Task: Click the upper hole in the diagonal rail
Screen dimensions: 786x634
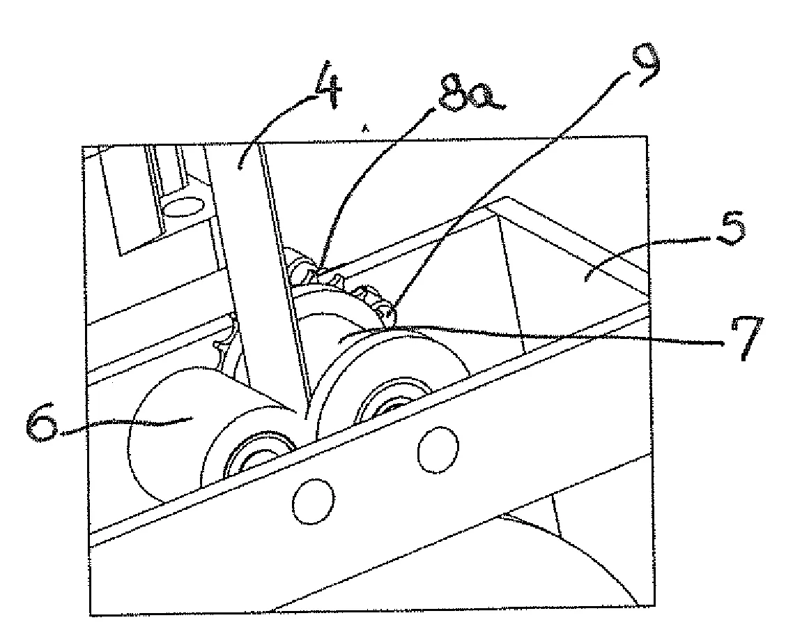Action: tap(438, 450)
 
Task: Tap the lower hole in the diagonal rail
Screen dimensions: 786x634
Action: tap(314, 501)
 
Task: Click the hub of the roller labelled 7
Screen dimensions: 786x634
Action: tap(396, 402)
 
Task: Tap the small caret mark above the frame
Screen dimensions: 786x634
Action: tap(365, 128)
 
